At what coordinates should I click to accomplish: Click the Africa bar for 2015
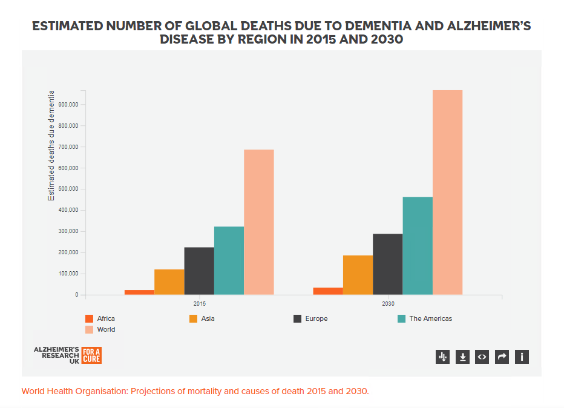click(x=139, y=292)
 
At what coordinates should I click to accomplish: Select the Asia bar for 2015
click(x=169, y=282)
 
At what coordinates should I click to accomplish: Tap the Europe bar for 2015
click(x=199, y=271)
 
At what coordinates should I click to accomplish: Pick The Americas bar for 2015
click(x=229, y=260)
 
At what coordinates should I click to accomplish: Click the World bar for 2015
click(x=259, y=222)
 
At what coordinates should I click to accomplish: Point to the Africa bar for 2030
click(x=328, y=291)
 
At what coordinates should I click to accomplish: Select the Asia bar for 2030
click(x=358, y=275)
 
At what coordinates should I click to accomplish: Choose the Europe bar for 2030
click(x=388, y=264)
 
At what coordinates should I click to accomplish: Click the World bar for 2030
click(x=447, y=192)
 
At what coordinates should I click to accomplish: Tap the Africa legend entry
click(x=100, y=318)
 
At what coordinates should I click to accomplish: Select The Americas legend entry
click(x=425, y=318)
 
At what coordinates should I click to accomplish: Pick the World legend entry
click(x=100, y=329)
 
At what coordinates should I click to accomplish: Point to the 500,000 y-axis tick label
click(x=68, y=189)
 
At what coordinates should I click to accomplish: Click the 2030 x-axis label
click(x=388, y=303)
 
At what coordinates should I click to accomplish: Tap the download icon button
click(x=462, y=357)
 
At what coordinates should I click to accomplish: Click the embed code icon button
click(x=482, y=357)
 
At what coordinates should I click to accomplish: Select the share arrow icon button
click(x=502, y=357)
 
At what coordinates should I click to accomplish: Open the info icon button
click(x=522, y=357)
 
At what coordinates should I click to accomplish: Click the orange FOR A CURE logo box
click(x=92, y=355)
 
